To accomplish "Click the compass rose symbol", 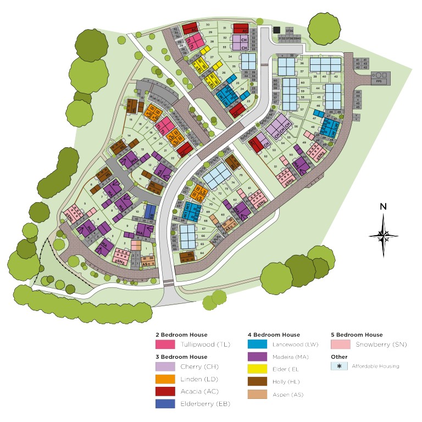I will click(x=383, y=236).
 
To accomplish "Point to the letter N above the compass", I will click(x=383, y=207).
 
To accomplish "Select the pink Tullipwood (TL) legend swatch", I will click(x=165, y=345).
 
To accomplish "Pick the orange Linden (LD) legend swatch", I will click(x=165, y=379).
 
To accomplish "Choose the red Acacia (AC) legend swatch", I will click(x=165, y=392).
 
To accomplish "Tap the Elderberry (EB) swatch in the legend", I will click(x=165, y=404).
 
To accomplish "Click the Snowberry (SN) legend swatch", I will click(x=340, y=345).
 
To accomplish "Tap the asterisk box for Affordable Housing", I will click(x=340, y=366).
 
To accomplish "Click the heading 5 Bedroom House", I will click(x=357, y=335).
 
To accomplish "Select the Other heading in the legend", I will click(x=339, y=356).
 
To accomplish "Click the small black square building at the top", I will click(x=276, y=30).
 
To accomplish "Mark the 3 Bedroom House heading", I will click(x=181, y=357).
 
